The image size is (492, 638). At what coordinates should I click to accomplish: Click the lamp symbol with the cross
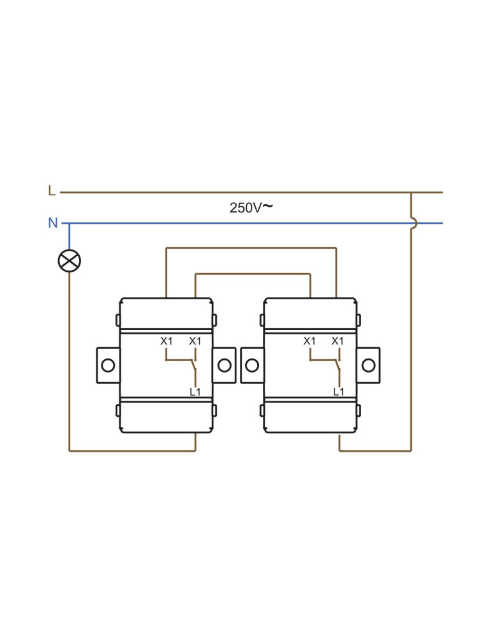pos(69,260)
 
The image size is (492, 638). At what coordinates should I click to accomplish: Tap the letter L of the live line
pos(52,191)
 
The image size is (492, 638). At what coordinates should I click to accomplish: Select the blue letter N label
pos(53,223)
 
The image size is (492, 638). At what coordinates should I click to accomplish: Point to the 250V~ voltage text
pos(250,207)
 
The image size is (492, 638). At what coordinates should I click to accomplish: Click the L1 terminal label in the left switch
pos(195,392)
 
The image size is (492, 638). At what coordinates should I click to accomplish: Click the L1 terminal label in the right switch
pos(339,392)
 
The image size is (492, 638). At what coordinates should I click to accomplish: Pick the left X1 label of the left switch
pos(166,341)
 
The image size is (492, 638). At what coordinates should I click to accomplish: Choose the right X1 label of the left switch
pos(195,341)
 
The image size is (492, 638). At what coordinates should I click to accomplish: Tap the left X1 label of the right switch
pos(309,341)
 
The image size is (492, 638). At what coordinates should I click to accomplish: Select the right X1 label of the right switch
pos(338,341)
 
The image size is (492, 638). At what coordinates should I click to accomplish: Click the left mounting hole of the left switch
pos(108,365)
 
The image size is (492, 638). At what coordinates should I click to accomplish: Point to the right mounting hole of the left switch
pos(225,365)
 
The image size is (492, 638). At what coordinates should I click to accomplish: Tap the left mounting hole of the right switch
pos(252,365)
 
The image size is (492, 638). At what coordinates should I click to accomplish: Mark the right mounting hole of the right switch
pos(368,365)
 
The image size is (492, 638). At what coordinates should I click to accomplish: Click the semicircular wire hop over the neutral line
pos(414,223)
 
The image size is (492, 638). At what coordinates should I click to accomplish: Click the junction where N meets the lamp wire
pos(69,223)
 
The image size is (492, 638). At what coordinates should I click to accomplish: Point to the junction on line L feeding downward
pos(411,192)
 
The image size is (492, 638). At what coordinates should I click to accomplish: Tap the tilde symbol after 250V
pos(267,205)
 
